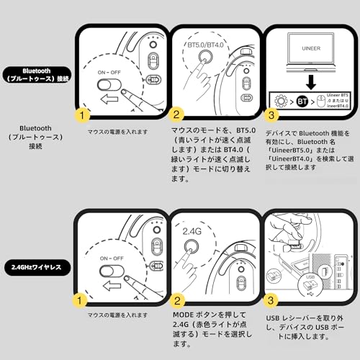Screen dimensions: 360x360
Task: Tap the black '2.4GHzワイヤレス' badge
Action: point(37,266)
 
